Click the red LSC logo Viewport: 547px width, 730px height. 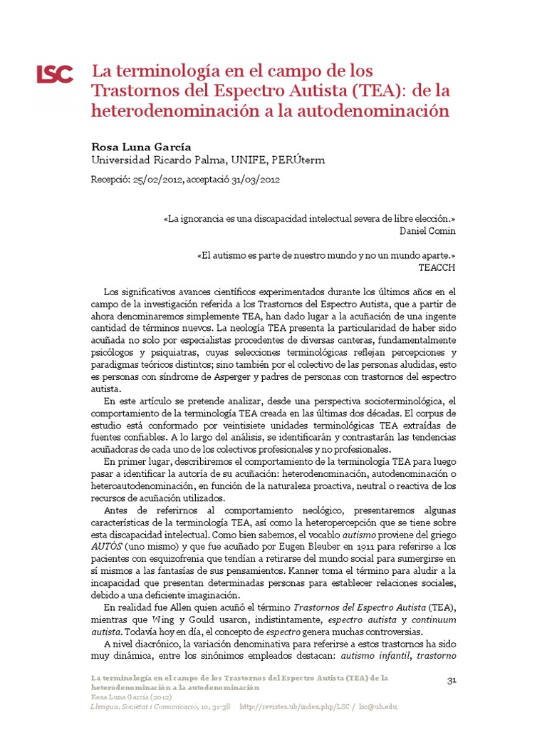tap(55, 74)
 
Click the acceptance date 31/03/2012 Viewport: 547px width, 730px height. tap(253, 180)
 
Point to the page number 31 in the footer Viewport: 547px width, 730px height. tap(452, 680)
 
